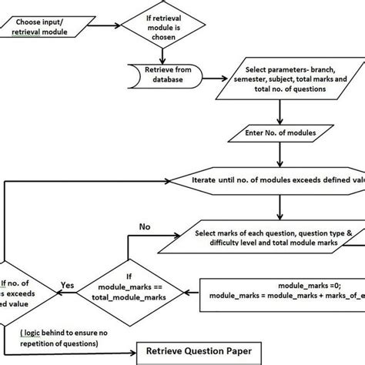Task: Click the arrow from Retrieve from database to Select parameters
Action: (x=208, y=78)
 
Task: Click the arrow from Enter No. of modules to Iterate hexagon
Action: (x=279, y=156)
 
